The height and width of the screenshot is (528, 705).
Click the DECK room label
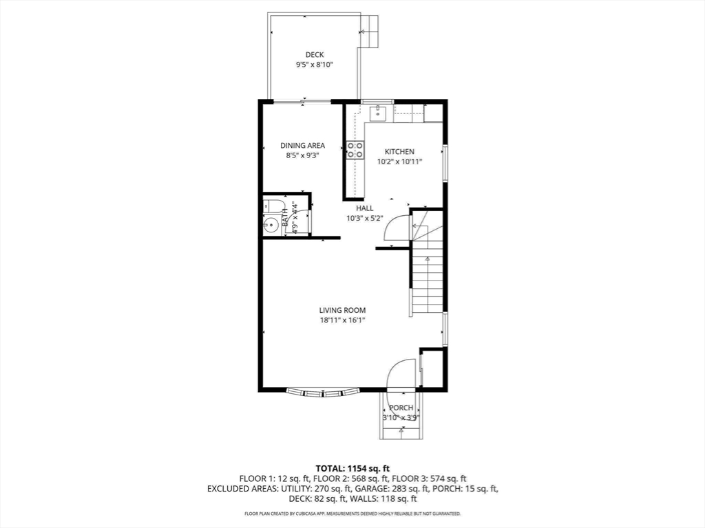[314, 55]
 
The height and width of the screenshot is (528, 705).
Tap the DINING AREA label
[303, 146]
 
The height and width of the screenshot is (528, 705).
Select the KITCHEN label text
[399, 152]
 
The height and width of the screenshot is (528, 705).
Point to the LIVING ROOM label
[342, 310]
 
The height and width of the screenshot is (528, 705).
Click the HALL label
[365, 208]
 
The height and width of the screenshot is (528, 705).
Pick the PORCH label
[401, 408]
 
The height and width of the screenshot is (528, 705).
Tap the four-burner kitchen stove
[355, 150]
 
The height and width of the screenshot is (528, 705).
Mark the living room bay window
[323, 393]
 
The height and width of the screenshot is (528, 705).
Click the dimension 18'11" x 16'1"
[342, 320]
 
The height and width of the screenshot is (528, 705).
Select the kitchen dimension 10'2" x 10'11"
[399, 162]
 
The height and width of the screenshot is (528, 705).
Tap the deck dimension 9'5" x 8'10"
[314, 65]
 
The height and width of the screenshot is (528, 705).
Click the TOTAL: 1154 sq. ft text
[352, 469]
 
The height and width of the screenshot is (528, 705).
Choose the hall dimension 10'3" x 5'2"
[365, 219]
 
